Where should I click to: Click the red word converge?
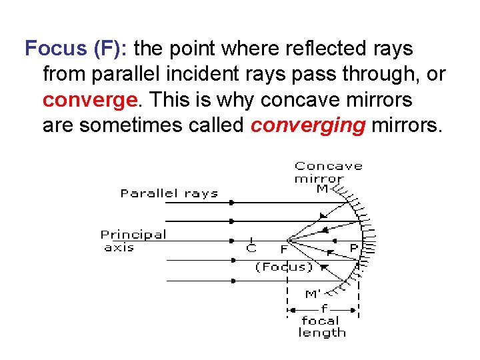point(89,100)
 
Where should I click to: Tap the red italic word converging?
point(308,126)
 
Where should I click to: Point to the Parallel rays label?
point(169,194)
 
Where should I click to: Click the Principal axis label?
point(133,241)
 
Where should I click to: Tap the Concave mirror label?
point(328,172)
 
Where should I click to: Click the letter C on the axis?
point(251,249)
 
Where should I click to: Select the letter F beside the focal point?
point(284,249)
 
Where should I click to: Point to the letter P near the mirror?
point(353,248)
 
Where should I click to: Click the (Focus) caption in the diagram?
point(283,267)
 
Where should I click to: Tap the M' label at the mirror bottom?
point(313,294)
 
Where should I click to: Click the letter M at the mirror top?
point(322,189)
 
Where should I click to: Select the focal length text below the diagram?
point(322,327)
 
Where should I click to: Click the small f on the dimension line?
point(324,309)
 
